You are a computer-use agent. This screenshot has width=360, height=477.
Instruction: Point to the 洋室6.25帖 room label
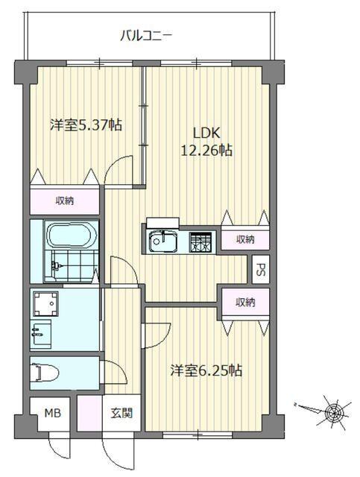[x=205, y=370]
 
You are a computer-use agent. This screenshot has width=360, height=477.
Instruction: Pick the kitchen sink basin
[x=161, y=242]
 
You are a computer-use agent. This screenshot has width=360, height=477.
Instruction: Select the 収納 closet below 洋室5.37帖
[x=64, y=200]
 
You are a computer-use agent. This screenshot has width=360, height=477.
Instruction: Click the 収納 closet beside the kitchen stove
[x=245, y=239]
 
